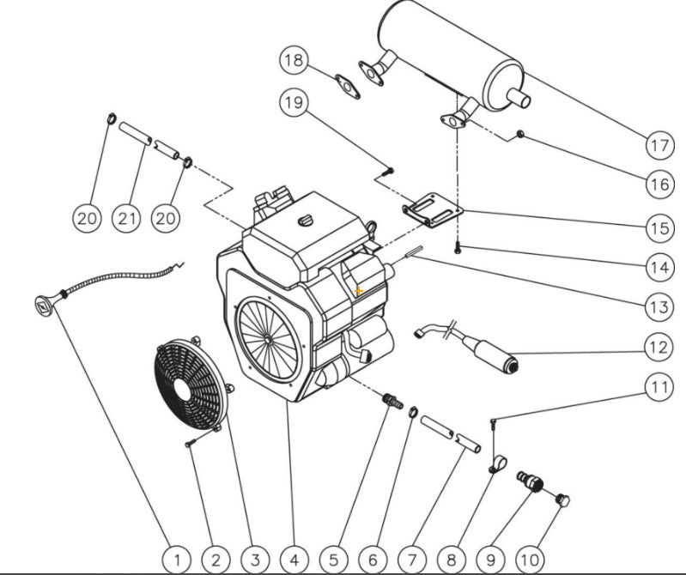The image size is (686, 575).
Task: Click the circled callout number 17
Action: [x=659, y=145]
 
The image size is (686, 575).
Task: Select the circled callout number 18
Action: [x=293, y=60]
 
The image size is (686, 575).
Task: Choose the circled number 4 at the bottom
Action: [x=294, y=560]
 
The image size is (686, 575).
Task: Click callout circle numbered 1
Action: [x=177, y=560]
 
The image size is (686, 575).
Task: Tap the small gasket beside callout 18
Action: [x=347, y=86]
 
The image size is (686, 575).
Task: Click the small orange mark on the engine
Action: [x=359, y=292]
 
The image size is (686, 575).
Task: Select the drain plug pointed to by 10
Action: [x=563, y=499]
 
